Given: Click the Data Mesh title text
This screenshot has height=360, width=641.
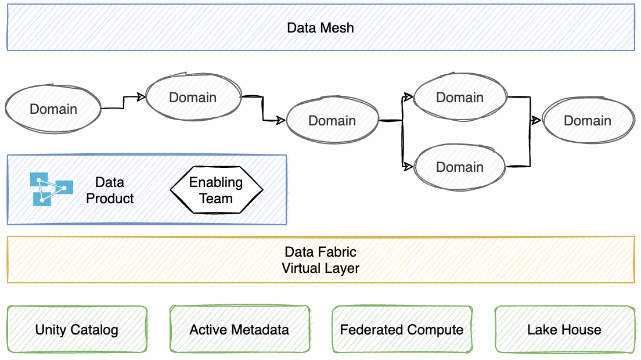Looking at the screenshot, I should point(320,27).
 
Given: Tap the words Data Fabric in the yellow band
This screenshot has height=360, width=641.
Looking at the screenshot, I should point(320,252).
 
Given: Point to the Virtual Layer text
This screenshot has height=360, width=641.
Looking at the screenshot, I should point(320,268).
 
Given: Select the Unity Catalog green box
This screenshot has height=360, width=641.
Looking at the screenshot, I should point(77,330).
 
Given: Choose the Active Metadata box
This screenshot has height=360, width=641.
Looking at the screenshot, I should point(239,330).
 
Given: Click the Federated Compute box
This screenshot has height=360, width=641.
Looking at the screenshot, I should point(402,330).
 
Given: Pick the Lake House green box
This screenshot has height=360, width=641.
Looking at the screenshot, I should point(564,330).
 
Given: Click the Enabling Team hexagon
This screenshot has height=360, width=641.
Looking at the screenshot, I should point(216,190).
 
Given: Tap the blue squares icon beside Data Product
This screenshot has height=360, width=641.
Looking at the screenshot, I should point(51,189).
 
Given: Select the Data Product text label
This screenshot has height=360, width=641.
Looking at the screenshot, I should point(110,190).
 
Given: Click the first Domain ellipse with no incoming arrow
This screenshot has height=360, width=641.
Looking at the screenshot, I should point(53,109).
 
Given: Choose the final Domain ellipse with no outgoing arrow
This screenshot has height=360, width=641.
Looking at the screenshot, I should point(588,120).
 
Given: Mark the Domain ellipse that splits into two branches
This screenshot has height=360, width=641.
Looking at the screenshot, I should point(332,120).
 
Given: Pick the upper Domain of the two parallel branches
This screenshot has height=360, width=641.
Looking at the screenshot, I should point(460,97).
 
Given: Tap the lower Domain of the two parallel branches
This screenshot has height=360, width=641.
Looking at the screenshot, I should point(460,167).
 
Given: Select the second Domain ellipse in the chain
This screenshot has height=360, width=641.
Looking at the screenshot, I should point(193,97).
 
